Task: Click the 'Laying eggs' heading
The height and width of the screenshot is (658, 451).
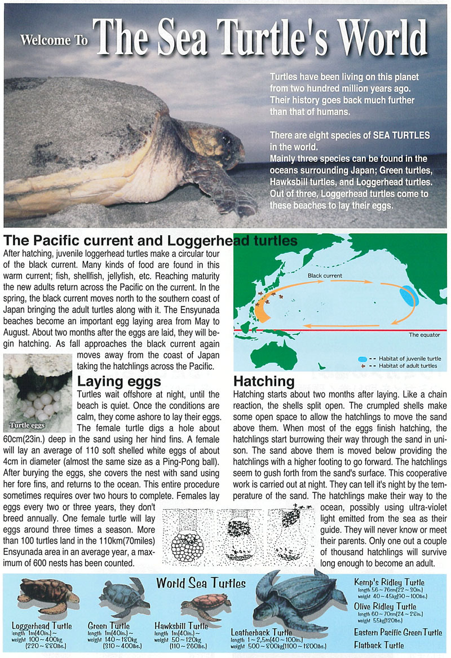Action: [x=119, y=382]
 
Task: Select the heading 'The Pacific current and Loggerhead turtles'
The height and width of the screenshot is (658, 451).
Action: [x=151, y=241]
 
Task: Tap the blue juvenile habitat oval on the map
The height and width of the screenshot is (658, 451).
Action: [x=410, y=296]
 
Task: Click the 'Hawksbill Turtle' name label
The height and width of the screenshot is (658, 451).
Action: [x=181, y=625]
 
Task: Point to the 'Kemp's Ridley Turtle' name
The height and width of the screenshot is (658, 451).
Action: [x=389, y=582]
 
